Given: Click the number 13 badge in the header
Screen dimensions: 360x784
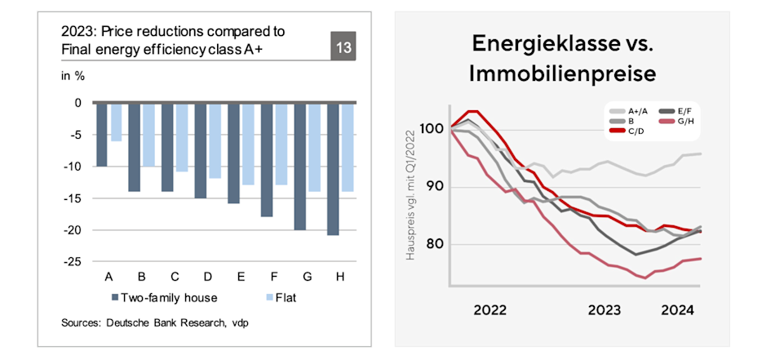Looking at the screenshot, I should coord(343,48).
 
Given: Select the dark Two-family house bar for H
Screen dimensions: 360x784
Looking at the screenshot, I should coord(333,169).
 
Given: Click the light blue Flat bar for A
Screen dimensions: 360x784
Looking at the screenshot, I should coord(116,122).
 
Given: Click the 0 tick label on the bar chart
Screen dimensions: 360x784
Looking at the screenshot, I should coord(78,103).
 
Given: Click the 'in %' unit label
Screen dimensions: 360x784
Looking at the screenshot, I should coord(73,77).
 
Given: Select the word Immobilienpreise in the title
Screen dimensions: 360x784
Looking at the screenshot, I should coord(563,73).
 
